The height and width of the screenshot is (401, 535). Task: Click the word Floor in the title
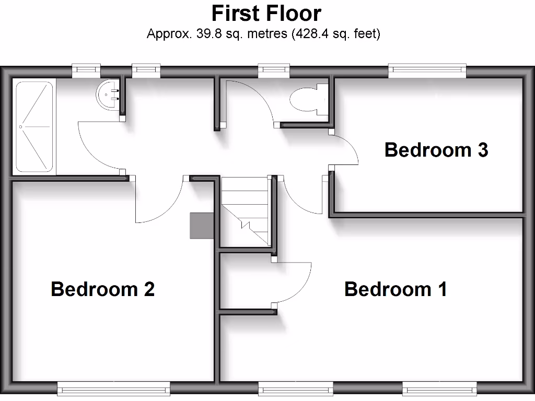[293, 13]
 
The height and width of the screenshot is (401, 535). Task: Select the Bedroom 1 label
[396, 289]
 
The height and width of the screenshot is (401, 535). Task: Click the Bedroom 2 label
[102, 289]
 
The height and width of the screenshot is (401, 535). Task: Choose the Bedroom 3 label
[436, 150]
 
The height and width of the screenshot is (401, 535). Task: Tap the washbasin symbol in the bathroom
[108, 95]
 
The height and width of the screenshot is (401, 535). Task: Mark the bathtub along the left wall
[34, 126]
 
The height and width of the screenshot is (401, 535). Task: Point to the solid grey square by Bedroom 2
[201, 226]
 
